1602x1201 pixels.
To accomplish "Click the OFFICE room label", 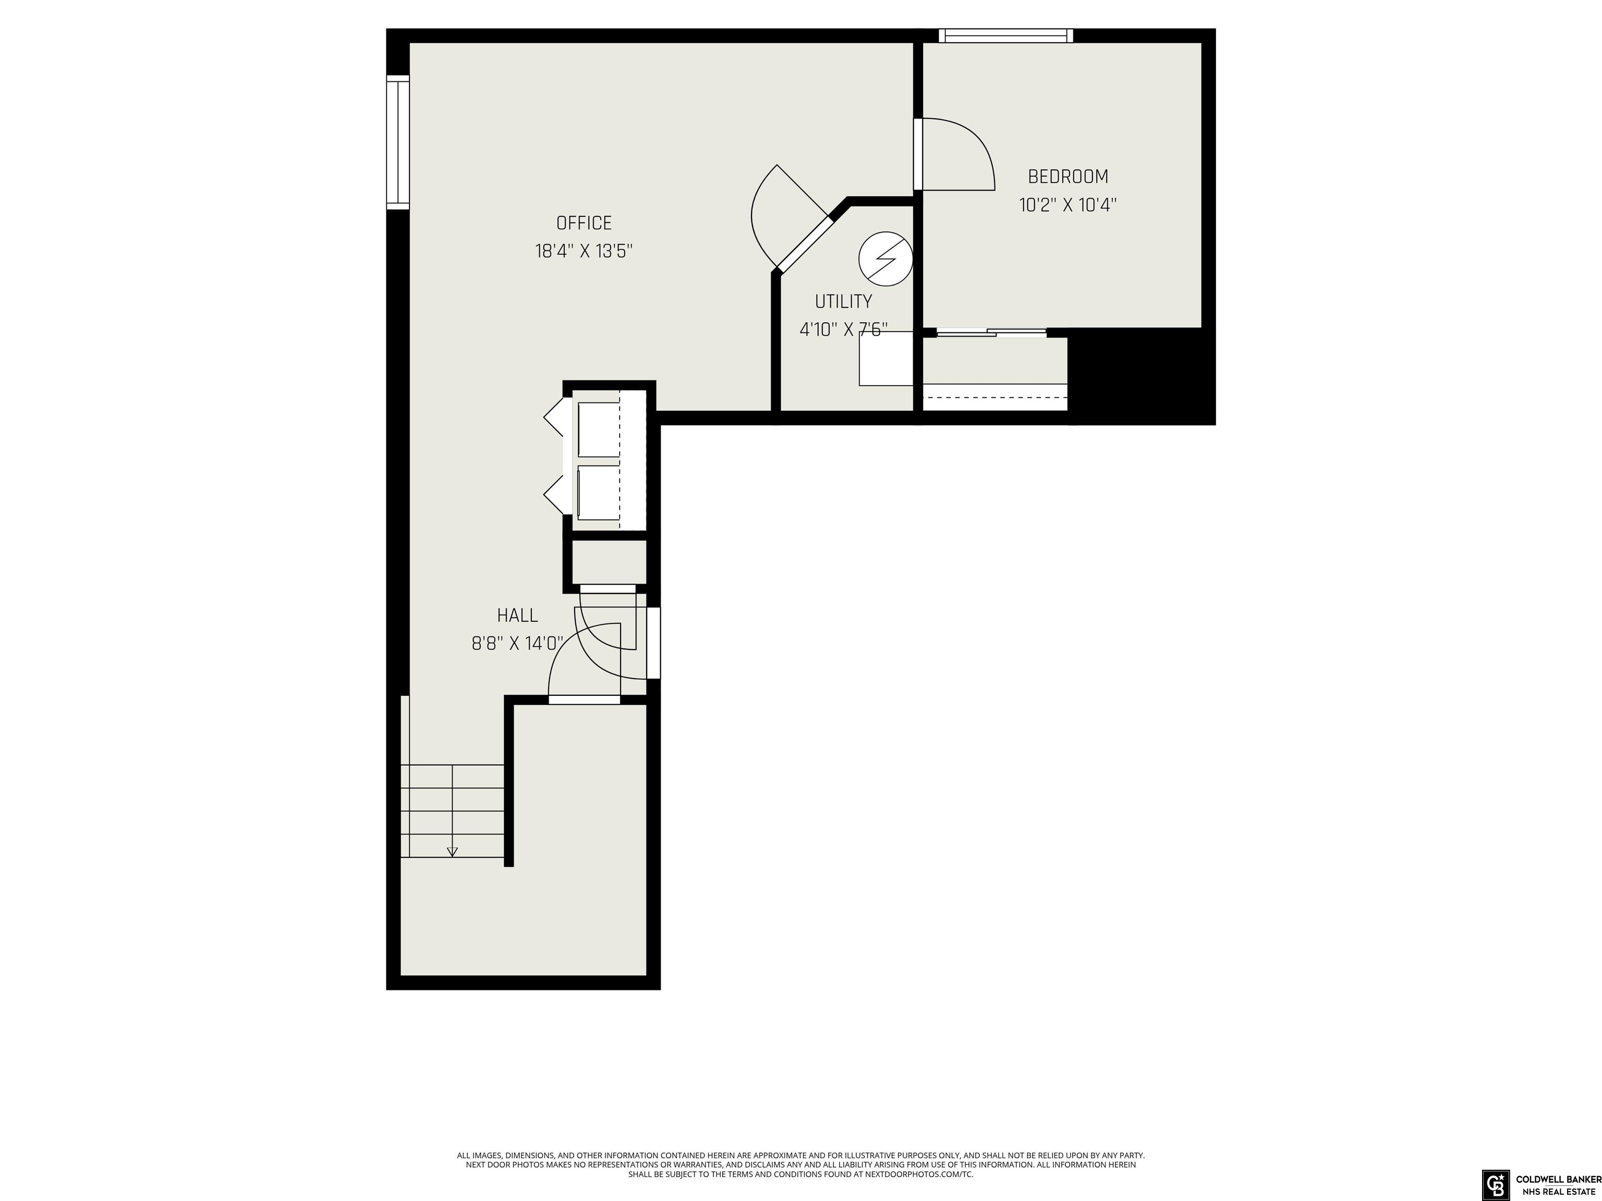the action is pyautogui.click(x=584, y=223).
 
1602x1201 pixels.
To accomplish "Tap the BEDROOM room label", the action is pyautogui.click(x=1068, y=177).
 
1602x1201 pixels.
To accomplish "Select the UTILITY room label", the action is pyautogui.click(x=843, y=301).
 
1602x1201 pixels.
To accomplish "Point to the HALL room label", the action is pyautogui.click(x=517, y=615).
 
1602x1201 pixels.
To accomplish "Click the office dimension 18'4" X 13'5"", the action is pyautogui.click(x=584, y=251).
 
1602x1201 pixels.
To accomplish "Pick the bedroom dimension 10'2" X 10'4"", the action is pyautogui.click(x=1068, y=205).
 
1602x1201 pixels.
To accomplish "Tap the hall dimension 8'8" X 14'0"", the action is pyautogui.click(x=517, y=644).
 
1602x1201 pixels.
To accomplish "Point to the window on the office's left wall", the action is pyautogui.click(x=397, y=143).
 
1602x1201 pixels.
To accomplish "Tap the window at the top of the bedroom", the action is pyautogui.click(x=1006, y=35).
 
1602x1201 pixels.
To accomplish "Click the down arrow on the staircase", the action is pyautogui.click(x=453, y=851).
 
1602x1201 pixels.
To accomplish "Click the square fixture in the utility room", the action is pyautogui.click(x=885, y=358).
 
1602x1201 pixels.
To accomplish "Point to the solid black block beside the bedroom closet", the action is pyautogui.click(x=1142, y=376).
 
